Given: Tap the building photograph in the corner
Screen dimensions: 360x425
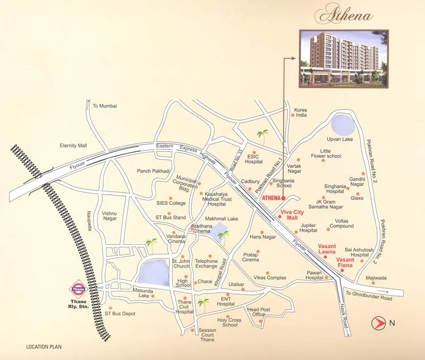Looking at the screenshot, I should pyautogui.click(x=344, y=58).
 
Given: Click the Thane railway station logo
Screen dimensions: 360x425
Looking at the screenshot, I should pyautogui.click(x=79, y=289).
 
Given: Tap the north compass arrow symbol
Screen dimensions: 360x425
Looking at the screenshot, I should pyautogui.click(x=378, y=322).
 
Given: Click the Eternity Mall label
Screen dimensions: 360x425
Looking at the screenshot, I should pyautogui.click(x=73, y=145).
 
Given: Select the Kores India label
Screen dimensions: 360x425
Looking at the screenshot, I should pyautogui.click(x=301, y=113).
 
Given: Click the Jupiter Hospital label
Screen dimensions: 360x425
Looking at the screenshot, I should pyautogui.click(x=308, y=228).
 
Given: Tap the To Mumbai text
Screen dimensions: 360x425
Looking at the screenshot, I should pyautogui.click(x=105, y=106).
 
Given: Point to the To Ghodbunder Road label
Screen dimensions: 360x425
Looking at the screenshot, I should pyautogui.click(x=368, y=296).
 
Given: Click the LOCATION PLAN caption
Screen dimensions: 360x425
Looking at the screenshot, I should pyautogui.click(x=44, y=347).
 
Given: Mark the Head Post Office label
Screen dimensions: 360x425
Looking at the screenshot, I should pyautogui.click(x=259, y=312).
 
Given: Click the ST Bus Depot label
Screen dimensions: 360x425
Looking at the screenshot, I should pyautogui.click(x=120, y=314).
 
